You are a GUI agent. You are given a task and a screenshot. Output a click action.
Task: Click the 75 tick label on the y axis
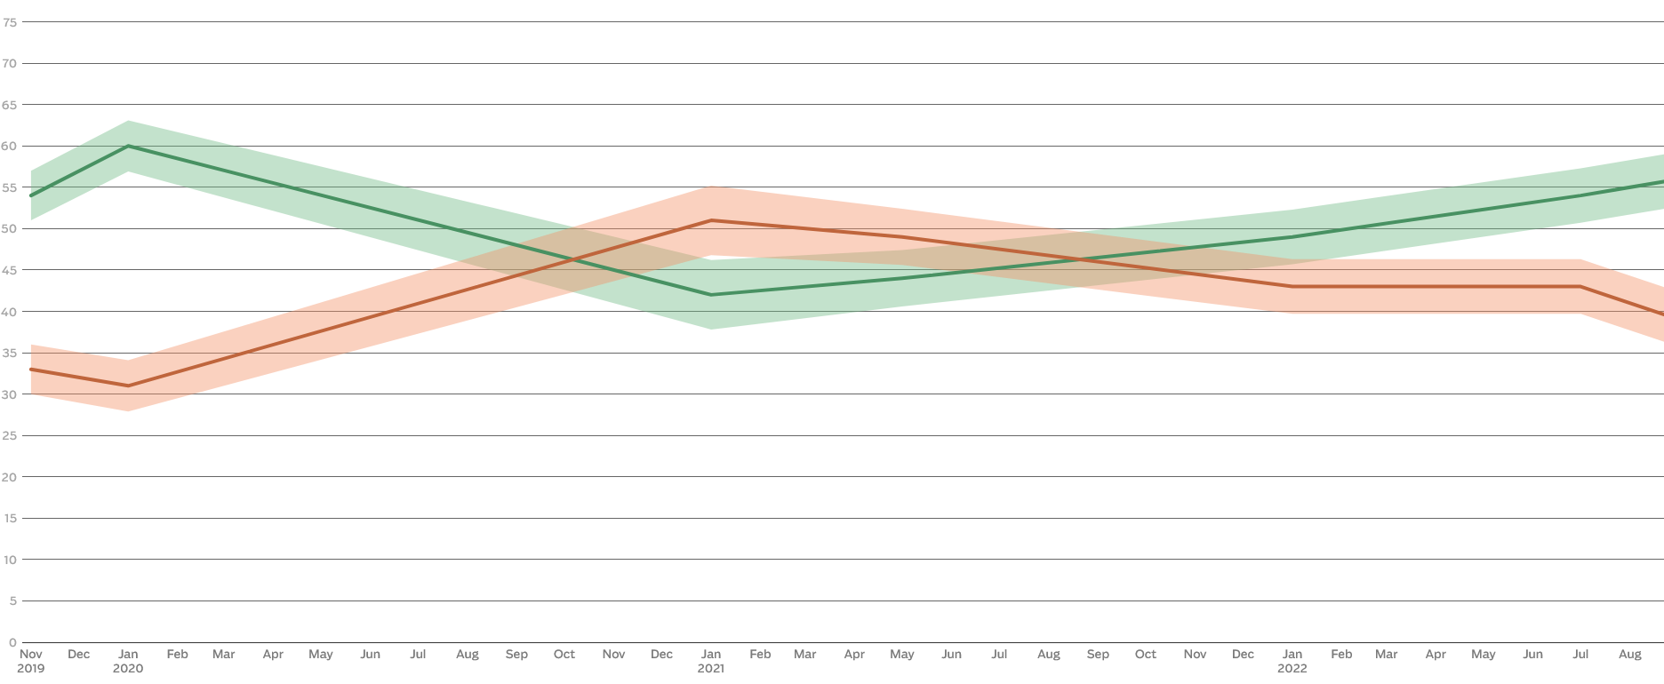pyautogui.click(x=10, y=22)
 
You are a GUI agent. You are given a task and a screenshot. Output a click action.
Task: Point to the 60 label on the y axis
pyautogui.click(x=10, y=146)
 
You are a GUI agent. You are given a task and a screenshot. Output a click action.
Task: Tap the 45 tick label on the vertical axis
pyautogui.click(x=10, y=270)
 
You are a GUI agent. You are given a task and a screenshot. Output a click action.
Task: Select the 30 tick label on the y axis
pyautogui.click(x=10, y=394)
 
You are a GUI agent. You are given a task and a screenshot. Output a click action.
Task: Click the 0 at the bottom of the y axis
pyautogui.click(x=12, y=642)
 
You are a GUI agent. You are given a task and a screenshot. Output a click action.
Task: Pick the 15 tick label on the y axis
pyautogui.click(x=10, y=518)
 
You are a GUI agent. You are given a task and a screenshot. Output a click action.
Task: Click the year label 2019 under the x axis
pyautogui.click(x=30, y=668)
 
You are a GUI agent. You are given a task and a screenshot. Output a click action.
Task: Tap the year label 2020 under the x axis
pyautogui.click(x=128, y=668)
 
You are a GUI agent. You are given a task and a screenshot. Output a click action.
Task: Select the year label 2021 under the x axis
pyautogui.click(x=711, y=668)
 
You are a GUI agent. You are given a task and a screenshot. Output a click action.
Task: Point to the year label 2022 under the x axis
pyautogui.click(x=1292, y=668)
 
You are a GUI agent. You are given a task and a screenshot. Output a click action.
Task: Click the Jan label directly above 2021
pyautogui.click(x=711, y=654)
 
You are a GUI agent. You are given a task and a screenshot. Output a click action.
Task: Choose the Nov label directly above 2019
pyautogui.click(x=30, y=654)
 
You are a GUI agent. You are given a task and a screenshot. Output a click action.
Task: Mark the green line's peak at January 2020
pyautogui.click(x=128, y=146)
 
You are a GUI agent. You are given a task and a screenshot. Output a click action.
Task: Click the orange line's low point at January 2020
pyautogui.click(x=128, y=386)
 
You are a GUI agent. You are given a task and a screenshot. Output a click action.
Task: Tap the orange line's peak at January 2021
pyautogui.click(x=711, y=220)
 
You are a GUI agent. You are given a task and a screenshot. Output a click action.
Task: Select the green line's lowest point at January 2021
pyautogui.click(x=711, y=295)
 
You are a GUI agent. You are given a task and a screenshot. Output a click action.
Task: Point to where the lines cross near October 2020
pyautogui.click(x=574, y=259)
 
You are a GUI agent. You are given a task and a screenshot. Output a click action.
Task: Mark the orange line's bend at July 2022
pyautogui.click(x=1580, y=286)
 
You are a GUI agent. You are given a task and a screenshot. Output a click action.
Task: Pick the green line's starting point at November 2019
pyautogui.click(x=31, y=195)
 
